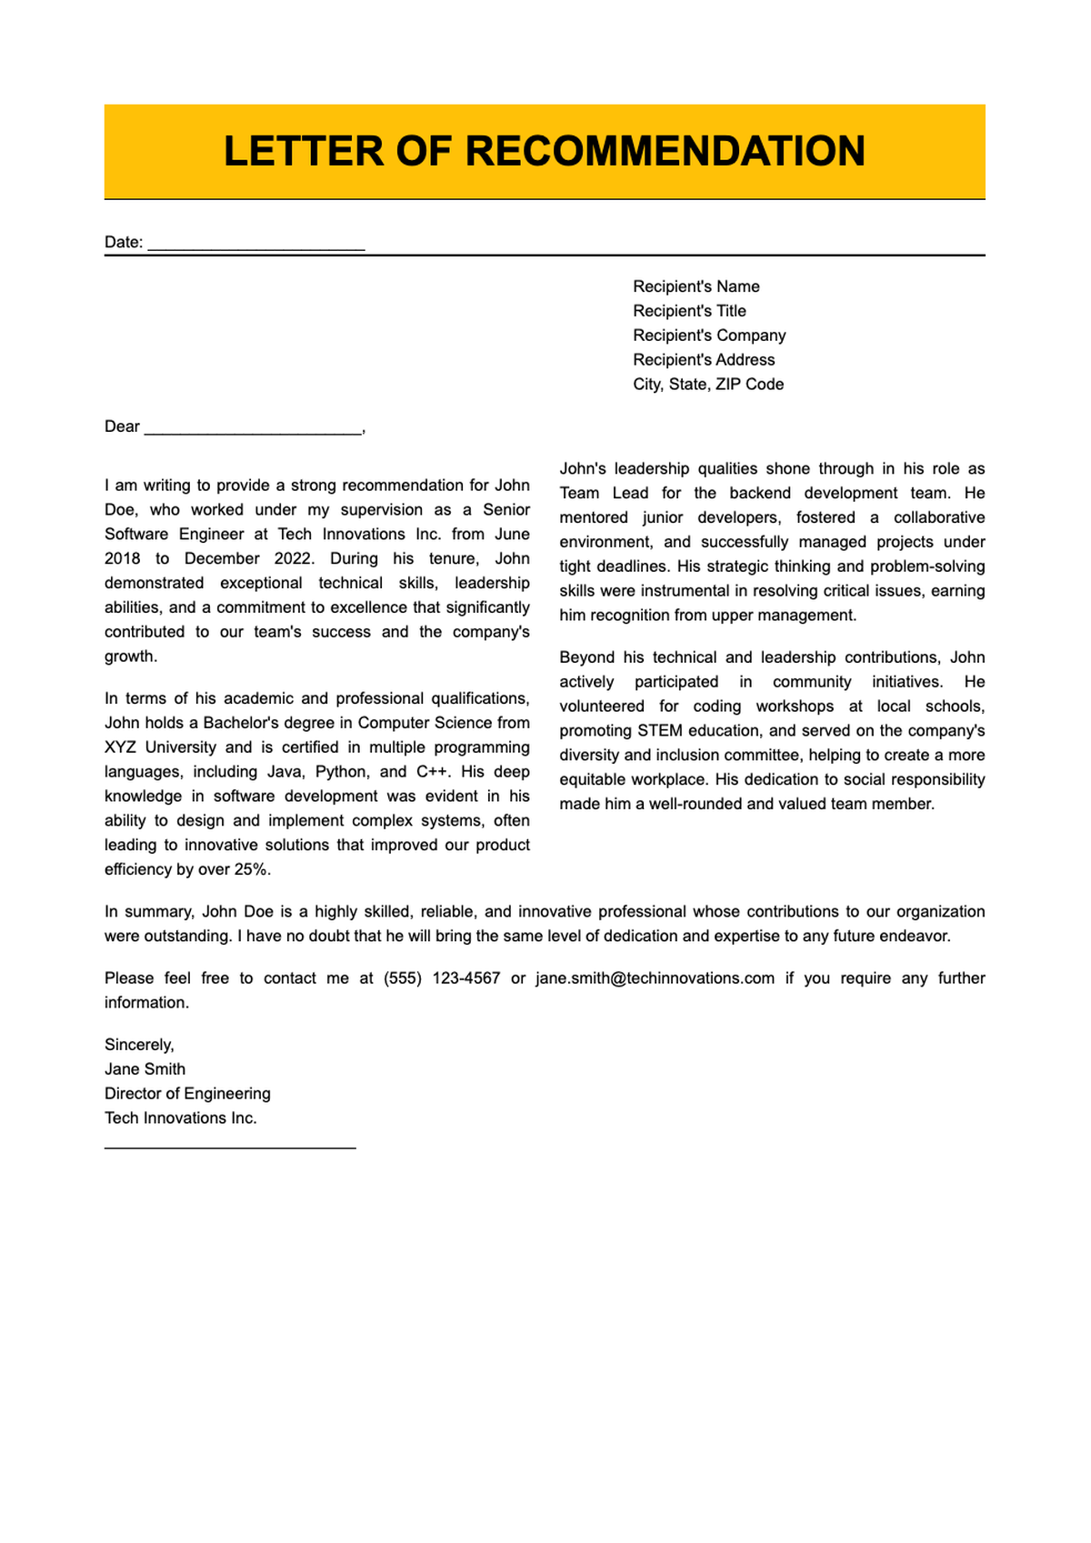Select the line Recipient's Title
[x=689, y=311]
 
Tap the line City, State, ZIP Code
[x=708, y=385]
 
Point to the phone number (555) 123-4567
[x=442, y=978]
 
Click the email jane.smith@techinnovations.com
[x=655, y=978]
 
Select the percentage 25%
[x=251, y=869]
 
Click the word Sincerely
[x=138, y=1045]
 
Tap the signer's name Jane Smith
[x=145, y=1069]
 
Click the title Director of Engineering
[x=187, y=1094]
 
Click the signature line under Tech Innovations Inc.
[x=230, y=1147]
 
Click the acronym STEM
[x=660, y=731]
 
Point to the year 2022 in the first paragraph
[x=293, y=558]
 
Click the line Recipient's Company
[x=709, y=336]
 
